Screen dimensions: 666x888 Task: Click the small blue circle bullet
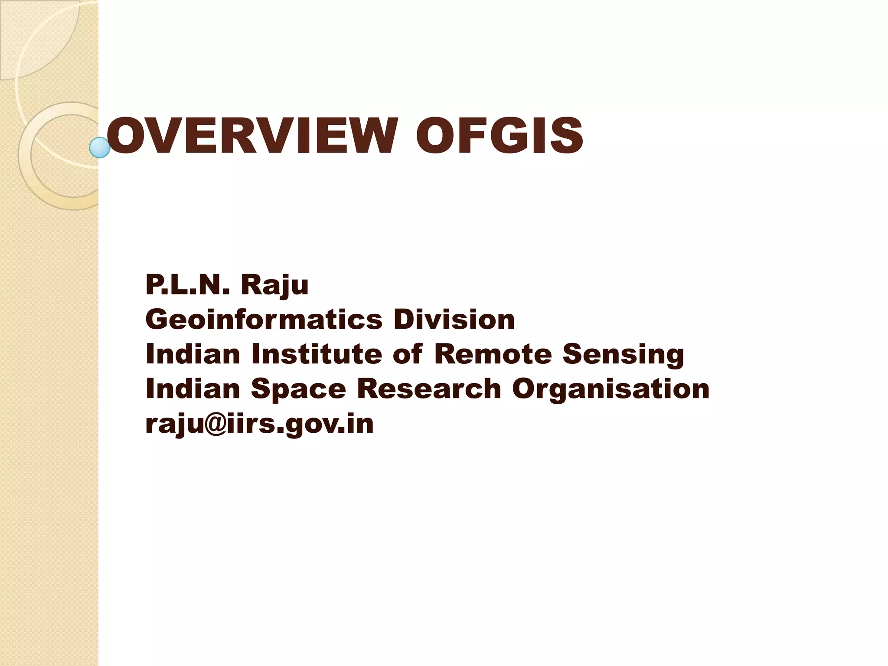[x=100, y=147]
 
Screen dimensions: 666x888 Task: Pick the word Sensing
[x=623, y=355]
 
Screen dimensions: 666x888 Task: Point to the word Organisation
[x=610, y=389]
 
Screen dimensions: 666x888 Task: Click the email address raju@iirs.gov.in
[x=259, y=424]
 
